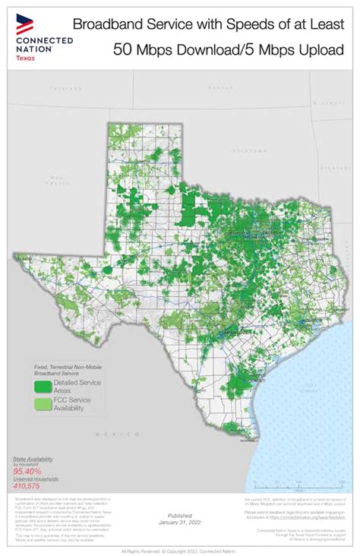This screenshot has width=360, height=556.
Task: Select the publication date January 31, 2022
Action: (x=179, y=523)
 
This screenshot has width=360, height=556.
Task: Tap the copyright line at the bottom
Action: (x=179, y=550)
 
